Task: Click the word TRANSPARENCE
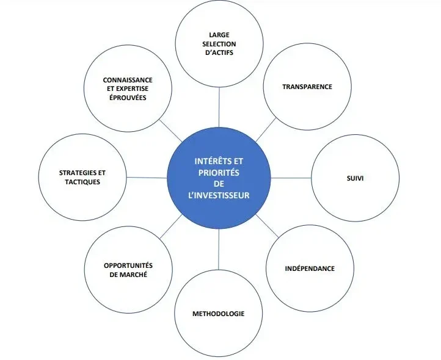pyautogui.click(x=307, y=87)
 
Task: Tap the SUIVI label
pyautogui.click(x=355, y=178)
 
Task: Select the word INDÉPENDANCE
pyautogui.click(x=310, y=268)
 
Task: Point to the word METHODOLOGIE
pyautogui.click(x=218, y=314)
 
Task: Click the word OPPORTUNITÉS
pyautogui.click(x=128, y=265)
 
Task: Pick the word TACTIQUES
pyautogui.click(x=82, y=182)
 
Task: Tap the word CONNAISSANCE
pyautogui.click(x=128, y=80)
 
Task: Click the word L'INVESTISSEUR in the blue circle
pyautogui.click(x=219, y=195)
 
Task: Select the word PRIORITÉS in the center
pyautogui.click(x=219, y=173)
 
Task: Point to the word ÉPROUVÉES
pyautogui.click(x=128, y=98)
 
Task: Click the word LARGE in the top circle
pyautogui.click(x=219, y=35)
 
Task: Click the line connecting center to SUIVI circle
pyautogui.click(x=291, y=178)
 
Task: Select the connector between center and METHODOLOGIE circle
pyautogui.click(x=219, y=250)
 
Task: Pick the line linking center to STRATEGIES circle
pyautogui.click(x=147, y=178)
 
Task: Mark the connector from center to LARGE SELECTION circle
pyautogui.click(x=219, y=107)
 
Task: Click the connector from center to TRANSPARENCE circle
pyautogui.click(x=266, y=130)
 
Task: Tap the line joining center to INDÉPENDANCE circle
pyautogui.click(x=267, y=226)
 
